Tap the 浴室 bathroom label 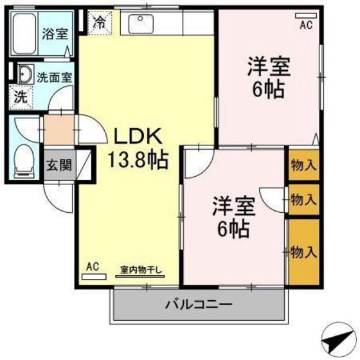point(55,33)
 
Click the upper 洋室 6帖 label point(268,77)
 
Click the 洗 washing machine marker point(21,98)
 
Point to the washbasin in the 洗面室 point(25,75)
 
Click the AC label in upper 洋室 point(306,25)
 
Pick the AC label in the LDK point(93,265)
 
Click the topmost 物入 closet point(303,165)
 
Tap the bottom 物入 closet point(303,251)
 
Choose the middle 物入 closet point(303,200)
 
